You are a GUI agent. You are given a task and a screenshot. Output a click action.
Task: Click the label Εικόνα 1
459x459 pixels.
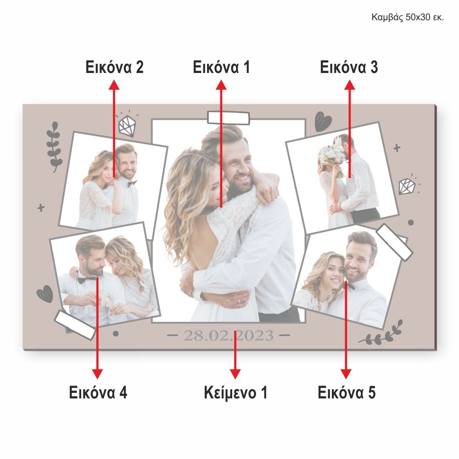click(x=221, y=67)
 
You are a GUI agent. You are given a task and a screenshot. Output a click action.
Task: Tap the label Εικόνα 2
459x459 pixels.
click(x=114, y=67)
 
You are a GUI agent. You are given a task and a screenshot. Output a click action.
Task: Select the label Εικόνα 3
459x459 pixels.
click(x=349, y=67)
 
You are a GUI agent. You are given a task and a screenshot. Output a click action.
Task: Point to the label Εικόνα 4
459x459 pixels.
click(x=98, y=392)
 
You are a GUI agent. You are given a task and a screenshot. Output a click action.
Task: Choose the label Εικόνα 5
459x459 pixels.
click(x=347, y=392)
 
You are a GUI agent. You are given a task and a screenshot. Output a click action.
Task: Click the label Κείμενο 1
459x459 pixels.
click(x=235, y=392)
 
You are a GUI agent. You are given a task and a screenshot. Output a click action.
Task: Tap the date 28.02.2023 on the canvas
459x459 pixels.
click(x=229, y=336)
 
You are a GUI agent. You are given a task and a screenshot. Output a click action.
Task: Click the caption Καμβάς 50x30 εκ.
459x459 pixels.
click(x=408, y=17)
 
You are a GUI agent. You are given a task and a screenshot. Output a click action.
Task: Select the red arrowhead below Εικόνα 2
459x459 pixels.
click(x=114, y=85)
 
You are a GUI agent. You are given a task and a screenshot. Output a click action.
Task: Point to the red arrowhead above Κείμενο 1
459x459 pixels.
click(x=235, y=374)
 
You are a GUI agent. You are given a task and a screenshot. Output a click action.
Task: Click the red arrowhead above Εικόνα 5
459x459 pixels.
click(x=346, y=374)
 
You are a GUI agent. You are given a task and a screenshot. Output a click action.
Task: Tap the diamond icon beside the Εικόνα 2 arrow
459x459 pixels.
click(x=128, y=125)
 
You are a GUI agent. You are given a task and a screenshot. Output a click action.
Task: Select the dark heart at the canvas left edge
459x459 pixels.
click(x=45, y=294)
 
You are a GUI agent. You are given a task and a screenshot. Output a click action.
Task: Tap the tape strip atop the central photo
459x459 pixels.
click(x=228, y=118)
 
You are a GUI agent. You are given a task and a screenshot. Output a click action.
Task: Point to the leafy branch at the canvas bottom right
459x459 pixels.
click(x=381, y=334)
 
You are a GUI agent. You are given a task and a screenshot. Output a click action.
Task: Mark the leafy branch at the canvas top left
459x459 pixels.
click(x=55, y=147)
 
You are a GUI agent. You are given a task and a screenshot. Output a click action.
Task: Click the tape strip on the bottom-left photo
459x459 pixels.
click(x=75, y=325)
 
